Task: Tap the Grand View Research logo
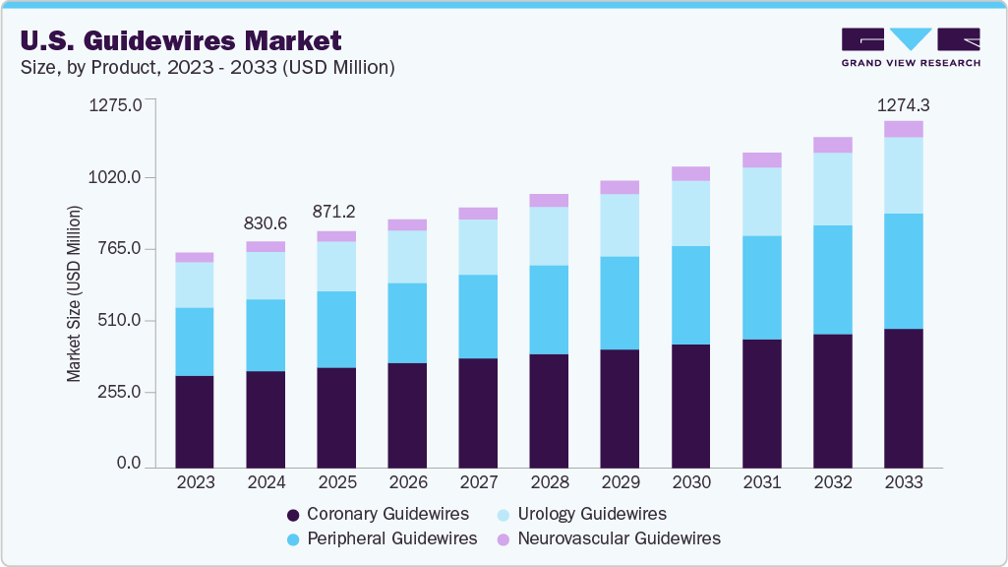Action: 911,46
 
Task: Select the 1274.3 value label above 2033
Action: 903,104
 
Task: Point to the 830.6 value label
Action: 266,224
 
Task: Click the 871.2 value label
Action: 336,212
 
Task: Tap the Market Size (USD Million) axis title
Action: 74,293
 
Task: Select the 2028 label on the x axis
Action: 549,482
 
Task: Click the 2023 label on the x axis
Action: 195,482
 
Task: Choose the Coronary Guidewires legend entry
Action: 377,514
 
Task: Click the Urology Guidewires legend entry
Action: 586,514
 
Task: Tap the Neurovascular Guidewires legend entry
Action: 609,538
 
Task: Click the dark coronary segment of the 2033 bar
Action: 903,398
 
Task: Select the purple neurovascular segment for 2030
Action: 690,174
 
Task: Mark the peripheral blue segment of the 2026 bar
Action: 407,323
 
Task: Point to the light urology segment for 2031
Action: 761,202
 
